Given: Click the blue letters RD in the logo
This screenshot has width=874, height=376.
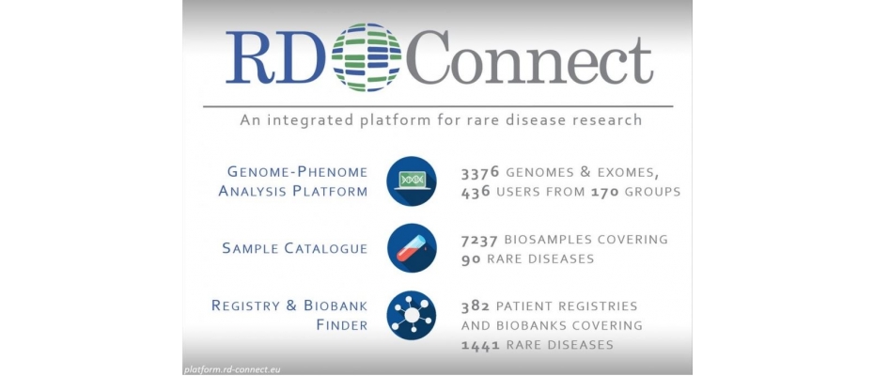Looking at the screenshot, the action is coord(274,57).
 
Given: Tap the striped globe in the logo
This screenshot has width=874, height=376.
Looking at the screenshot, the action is coord(367,57).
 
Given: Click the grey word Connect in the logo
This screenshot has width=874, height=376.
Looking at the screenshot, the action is coord(529,57).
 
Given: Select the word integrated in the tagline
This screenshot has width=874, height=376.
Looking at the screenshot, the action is coord(313,120).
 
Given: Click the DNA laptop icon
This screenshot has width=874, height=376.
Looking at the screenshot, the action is coord(412,180).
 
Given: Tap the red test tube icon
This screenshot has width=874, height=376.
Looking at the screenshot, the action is coord(412,248).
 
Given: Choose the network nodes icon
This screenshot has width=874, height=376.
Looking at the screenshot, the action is coord(412,315).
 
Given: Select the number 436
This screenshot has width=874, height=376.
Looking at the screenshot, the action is coord(476,192).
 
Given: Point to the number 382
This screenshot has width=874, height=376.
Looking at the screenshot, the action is coord(476,306).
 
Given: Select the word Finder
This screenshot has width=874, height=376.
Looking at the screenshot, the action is coord(342,324).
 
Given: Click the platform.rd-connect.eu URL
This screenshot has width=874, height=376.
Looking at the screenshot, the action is coord(231,368).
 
